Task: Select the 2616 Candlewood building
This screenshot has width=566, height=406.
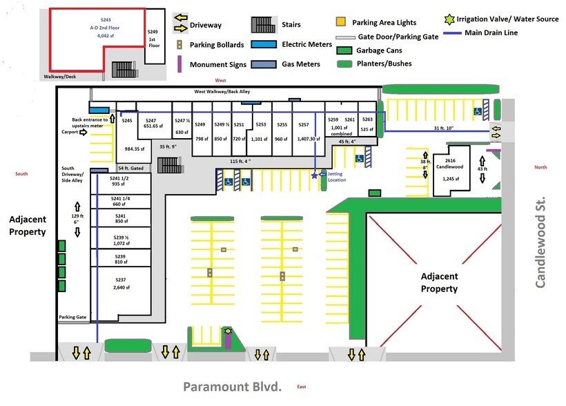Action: click(452, 170)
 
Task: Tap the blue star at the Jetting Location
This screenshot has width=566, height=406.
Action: click(315, 176)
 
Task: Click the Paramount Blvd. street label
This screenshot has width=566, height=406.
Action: click(233, 387)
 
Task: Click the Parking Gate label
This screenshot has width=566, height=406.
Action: click(72, 318)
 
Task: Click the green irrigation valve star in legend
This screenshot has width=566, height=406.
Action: click(450, 19)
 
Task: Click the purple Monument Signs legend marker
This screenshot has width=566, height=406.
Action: click(179, 64)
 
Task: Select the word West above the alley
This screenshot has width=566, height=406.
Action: click(220, 81)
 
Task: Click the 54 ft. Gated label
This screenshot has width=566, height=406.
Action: click(130, 168)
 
